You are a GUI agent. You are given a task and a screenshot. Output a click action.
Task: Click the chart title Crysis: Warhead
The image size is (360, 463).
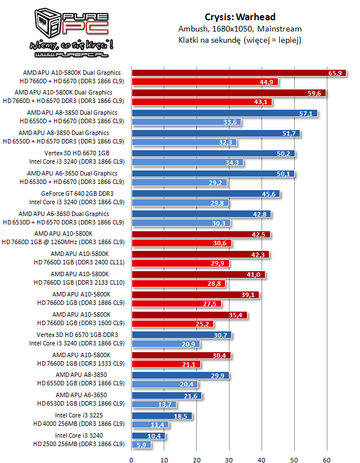(x=240, y=17)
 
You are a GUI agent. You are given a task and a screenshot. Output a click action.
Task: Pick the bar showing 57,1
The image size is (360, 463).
(x=224, y=113)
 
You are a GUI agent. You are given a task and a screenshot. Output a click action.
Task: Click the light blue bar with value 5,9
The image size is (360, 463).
(x=141, y=444)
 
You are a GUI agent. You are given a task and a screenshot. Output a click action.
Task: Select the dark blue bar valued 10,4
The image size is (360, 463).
(x=148, y=435)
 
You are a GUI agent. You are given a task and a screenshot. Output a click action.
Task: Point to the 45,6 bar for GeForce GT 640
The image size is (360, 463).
(x=205, y=194)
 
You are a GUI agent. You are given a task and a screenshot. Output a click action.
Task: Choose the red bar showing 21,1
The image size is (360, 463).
(x=166, y=363)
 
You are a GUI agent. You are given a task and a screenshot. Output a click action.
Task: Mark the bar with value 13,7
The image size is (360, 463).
(x=154, y=404)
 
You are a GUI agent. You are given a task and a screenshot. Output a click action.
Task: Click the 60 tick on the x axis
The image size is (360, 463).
(x=326, y=460)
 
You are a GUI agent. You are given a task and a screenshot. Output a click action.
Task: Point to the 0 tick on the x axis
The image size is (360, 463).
(x=132, y=460)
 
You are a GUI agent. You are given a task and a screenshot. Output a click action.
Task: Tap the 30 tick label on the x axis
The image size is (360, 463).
(x=229, y=460)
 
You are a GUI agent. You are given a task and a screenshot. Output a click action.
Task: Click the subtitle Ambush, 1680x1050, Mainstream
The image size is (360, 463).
(x=240, y=29)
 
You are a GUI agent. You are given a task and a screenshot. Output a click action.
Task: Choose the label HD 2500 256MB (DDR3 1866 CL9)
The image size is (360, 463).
(x=79, y=444)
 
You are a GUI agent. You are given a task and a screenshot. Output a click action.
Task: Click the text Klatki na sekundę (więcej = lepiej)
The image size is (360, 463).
(x=240, y=40)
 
